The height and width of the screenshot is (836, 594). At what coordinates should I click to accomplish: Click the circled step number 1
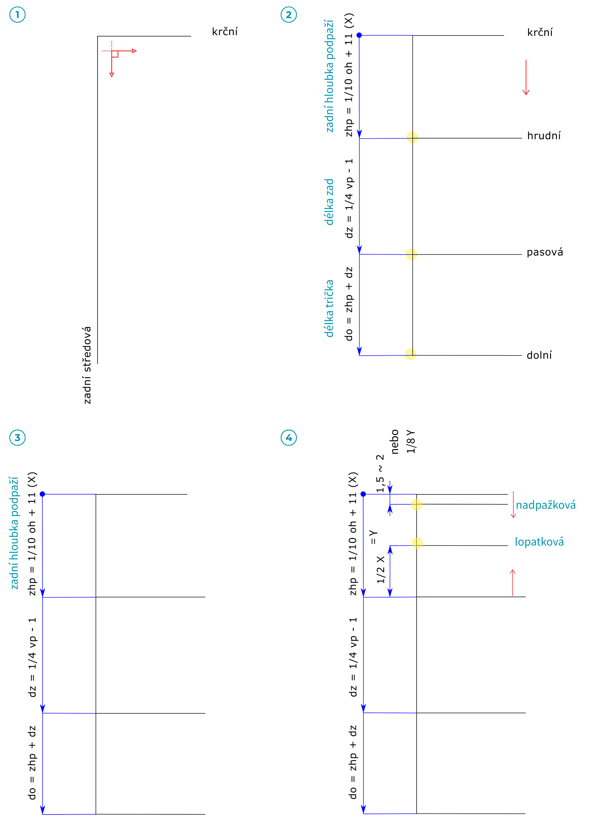coord(17,15)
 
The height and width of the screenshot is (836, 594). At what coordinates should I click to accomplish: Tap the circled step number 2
coord(289,15)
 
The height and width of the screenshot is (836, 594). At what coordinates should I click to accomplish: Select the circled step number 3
coord(17,437)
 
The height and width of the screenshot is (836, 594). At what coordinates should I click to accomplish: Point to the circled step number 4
coord(289,437)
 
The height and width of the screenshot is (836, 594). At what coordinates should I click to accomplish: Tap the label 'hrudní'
coord(543,136)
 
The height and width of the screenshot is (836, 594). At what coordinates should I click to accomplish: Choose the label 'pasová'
coord(545,252)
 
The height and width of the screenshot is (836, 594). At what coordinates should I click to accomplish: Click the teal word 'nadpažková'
coord(545,505)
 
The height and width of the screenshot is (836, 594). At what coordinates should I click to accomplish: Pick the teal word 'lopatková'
coord(539,542)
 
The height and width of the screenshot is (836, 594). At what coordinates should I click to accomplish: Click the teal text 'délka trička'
coord(329,308)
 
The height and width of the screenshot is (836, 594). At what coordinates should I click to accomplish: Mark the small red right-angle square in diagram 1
coord(115,54)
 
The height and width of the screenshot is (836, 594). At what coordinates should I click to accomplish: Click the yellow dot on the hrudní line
coord(412,137)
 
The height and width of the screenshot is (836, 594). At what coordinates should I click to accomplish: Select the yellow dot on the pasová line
coord(412,254)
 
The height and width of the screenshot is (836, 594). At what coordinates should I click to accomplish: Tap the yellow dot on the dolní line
coord(411,354)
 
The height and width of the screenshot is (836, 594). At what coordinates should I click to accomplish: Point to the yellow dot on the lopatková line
coord(417,543)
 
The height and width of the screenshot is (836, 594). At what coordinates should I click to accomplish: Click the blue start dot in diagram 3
coord(42,494)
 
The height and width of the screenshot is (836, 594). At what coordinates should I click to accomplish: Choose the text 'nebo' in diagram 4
coord(395,442)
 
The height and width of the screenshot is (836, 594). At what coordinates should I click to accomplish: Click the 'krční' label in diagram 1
coord(225,32)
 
